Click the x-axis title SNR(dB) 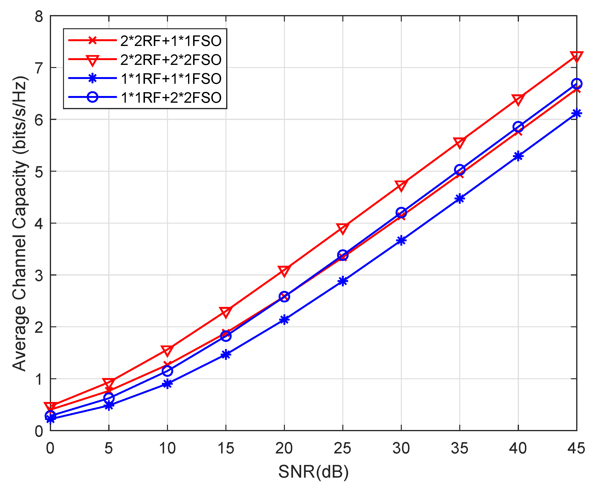(x=313, y=472)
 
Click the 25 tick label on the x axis (x=342, y=448)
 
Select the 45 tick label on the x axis (x=576, y=448)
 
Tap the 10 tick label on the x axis (x=167, y=448)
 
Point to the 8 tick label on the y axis (x=39, y=17)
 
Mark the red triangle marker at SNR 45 (x=576, y=57)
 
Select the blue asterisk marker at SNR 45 (x=576, y=113)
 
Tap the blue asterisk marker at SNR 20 (x=284, y=319)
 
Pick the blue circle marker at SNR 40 (x=518, y=127)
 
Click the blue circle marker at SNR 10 (x=167, y=371)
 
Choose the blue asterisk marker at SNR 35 (x=460, y=199)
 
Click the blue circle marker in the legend (x=92, y=97)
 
